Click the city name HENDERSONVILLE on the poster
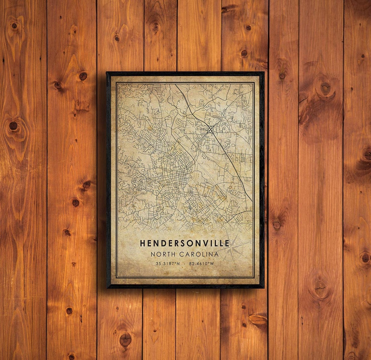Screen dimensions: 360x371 (x=185, y=243)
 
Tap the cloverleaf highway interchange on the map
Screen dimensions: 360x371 (x=211, y=130)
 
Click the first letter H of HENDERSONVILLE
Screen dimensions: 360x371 (x=143, y=243)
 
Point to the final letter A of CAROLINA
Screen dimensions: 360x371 (x=216, y=254)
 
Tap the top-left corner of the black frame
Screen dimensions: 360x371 (x=107, y=73)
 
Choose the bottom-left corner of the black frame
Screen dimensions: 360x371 (x=107, y=287)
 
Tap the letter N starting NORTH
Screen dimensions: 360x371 (x=153, y=254)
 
